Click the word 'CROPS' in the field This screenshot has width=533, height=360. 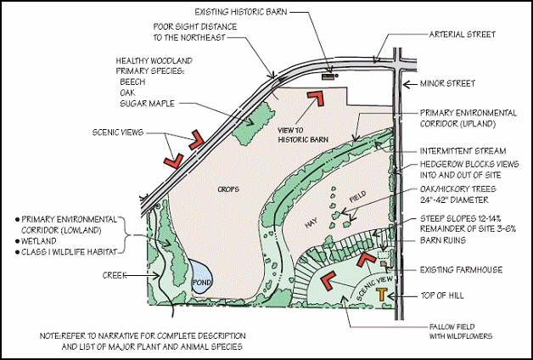click(x=227, y=188)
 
